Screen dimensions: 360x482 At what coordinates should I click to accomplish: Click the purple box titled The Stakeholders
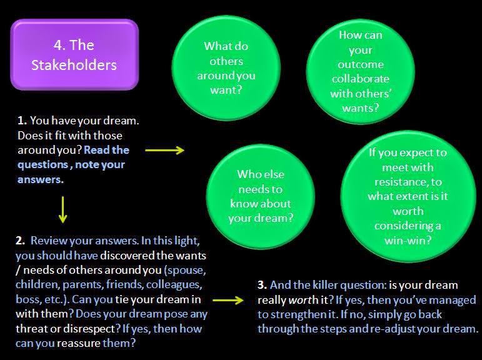click(74, 55)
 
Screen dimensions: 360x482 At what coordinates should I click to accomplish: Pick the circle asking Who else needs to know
click(259, 195)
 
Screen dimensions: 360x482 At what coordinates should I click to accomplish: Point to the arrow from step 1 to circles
click(164, 150)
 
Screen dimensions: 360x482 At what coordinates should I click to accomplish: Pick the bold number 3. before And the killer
click(263, 285)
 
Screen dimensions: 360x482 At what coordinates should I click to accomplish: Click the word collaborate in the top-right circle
click(361, 79)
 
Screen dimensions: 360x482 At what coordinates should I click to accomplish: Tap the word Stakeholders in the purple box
click(74, 64)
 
